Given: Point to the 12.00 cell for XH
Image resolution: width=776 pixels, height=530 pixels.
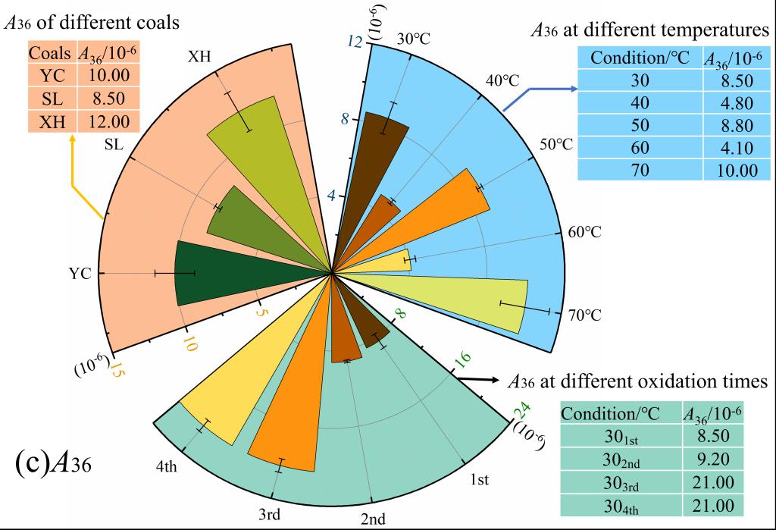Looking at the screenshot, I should click(x=108, y=121).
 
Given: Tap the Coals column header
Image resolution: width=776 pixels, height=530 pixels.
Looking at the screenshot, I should click(x=50, y=55).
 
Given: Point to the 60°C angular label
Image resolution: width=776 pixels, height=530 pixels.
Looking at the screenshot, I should click(x=584, y=232).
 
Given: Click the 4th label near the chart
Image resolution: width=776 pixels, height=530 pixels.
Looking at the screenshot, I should click(x=166, y=466).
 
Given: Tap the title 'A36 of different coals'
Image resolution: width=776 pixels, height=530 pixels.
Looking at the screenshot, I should click(x=92, y=22).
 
